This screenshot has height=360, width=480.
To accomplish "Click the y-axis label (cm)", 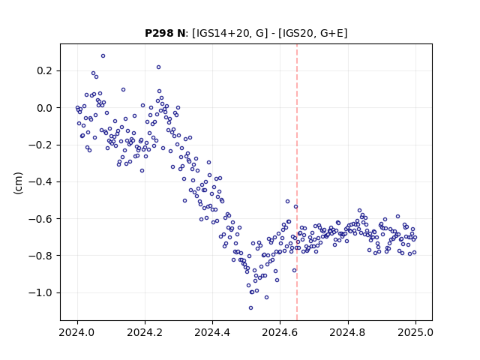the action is click(18, 183).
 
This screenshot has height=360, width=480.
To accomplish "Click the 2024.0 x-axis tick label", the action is click(77, 332).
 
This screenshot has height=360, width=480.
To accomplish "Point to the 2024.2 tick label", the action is click(145, 332).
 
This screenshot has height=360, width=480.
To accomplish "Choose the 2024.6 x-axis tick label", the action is click(280, 332).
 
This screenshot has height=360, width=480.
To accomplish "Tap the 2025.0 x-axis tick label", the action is click(415, 332).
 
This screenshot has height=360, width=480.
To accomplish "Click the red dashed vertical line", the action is click(297, 182).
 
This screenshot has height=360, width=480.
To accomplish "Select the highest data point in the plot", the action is click(103, 56).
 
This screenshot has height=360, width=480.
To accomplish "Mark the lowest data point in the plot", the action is click(250, 307).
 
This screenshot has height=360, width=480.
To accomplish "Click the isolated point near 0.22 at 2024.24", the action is click(158, 67).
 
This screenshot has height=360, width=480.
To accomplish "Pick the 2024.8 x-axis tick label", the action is click(347, 332).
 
